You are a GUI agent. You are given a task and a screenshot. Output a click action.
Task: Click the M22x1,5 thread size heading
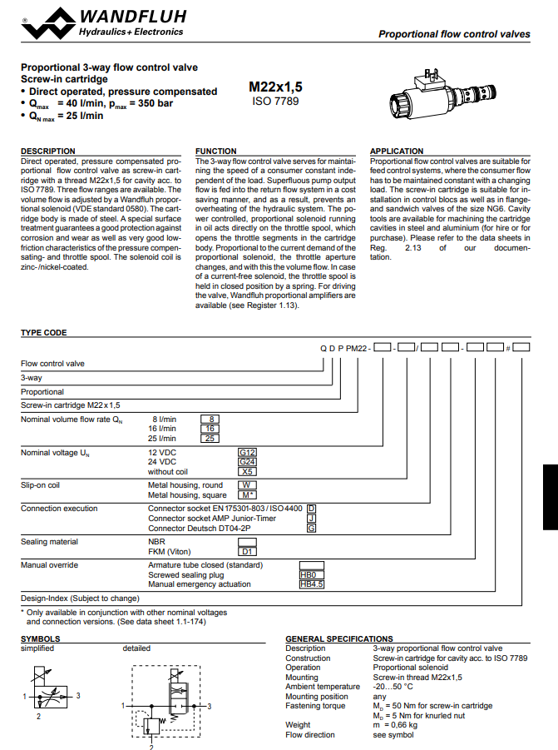point(274,87)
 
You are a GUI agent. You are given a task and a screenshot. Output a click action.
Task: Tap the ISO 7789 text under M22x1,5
point(274,102)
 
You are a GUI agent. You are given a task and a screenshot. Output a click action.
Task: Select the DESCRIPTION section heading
point(48,151)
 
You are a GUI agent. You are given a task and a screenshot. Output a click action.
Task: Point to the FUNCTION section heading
point(215,151)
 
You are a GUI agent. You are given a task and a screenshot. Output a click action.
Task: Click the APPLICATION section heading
point(397,151)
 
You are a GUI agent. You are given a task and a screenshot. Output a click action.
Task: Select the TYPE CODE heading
point(44,333)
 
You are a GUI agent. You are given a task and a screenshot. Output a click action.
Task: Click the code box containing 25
point(210,438)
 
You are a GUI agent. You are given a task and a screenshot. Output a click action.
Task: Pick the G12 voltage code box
point(247,452)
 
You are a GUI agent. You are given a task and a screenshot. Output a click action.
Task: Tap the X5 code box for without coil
point(247,471)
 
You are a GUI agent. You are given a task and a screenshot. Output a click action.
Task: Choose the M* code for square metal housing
point(247,494)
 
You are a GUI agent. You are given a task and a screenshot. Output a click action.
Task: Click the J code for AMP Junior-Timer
point(311,518)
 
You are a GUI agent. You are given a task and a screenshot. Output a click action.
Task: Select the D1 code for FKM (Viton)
point(247,551)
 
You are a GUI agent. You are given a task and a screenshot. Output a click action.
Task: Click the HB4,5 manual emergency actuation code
point(311,584)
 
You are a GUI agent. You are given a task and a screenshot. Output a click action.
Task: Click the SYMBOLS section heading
point(40,639)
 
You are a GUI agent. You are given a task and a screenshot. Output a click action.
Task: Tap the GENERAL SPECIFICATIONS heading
point(339,639)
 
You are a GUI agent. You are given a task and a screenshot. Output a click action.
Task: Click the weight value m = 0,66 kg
point(395,725)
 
